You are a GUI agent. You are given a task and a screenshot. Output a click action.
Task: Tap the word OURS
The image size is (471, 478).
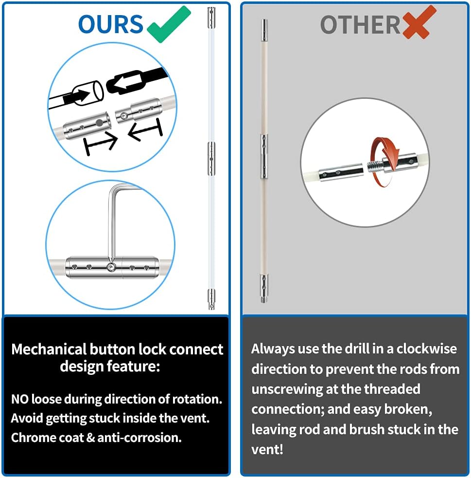click(110, 24)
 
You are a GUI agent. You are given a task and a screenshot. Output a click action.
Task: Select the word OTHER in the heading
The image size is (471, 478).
click(360, 25)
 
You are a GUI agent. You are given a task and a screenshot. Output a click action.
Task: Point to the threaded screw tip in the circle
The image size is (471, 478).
click(374, 167)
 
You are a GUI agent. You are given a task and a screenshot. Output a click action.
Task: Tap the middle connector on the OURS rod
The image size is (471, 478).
click(211, 159)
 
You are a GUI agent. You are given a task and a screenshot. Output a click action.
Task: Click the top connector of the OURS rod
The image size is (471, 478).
click(211, 18)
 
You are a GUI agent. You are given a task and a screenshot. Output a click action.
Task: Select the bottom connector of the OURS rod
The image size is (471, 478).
click(211, 299)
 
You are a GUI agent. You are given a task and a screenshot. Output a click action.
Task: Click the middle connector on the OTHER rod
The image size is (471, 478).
click(264, 156)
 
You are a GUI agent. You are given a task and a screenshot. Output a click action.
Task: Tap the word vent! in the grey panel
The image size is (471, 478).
click(267, 449)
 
